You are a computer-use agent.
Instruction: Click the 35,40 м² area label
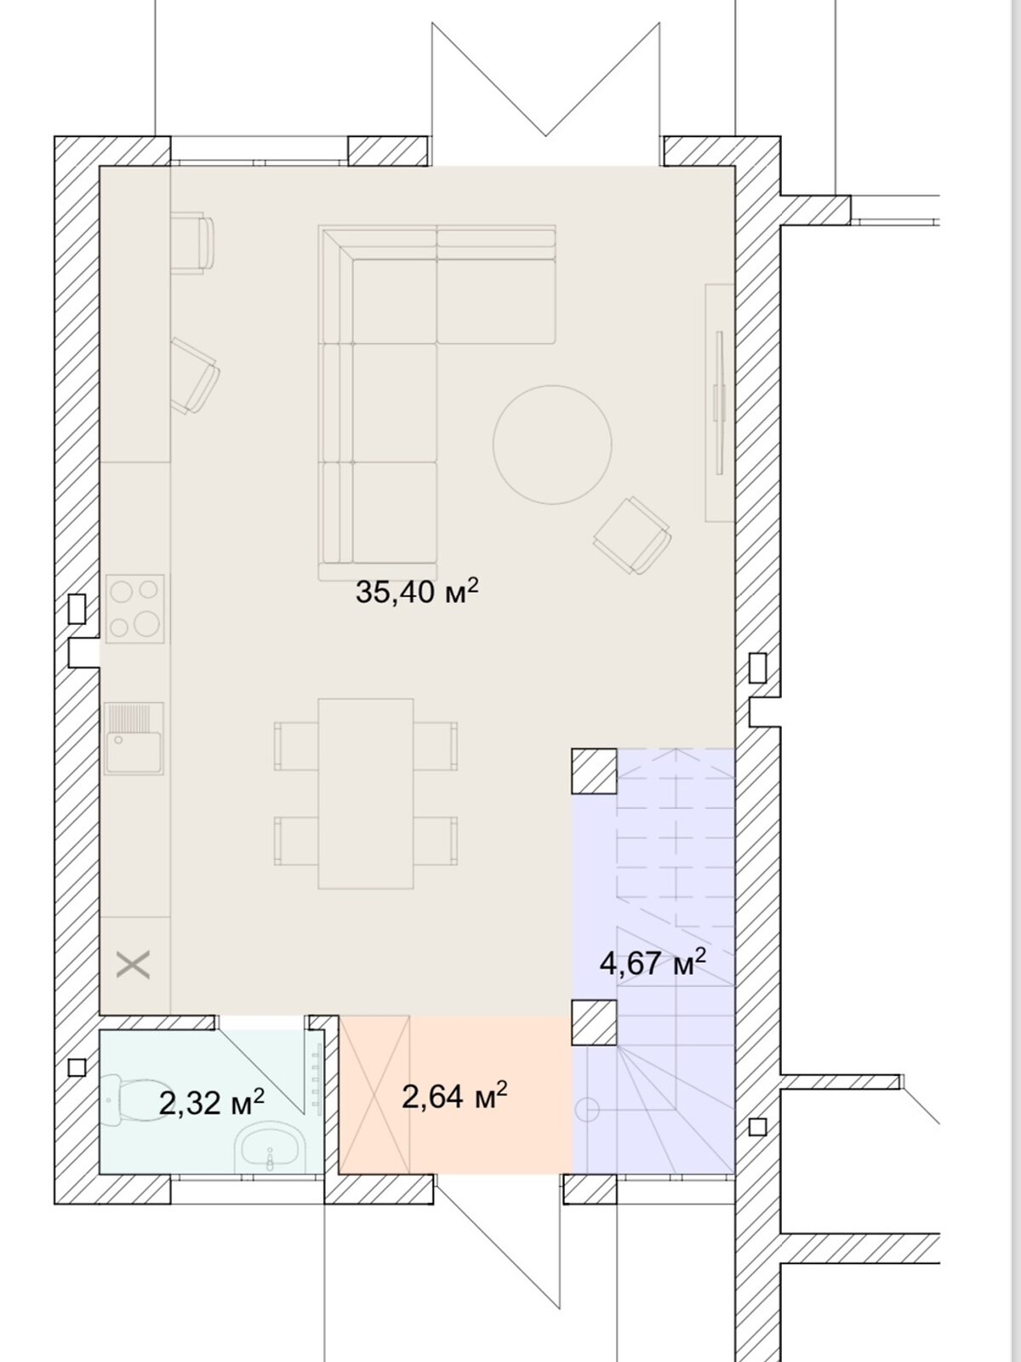[x=417, y=591]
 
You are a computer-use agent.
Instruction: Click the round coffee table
[x=552, y=444]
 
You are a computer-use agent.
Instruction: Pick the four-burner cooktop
[x=135, y=609]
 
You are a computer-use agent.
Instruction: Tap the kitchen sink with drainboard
[x=134, y=738]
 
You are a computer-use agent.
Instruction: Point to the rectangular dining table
[x=366, y=793]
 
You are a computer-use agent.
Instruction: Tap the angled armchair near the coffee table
[x=631, y=535]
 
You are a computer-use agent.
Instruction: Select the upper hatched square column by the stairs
[x=594, y=771]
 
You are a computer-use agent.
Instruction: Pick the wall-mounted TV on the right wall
[x=719, y=403]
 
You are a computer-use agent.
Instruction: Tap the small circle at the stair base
[x=588, y=1109]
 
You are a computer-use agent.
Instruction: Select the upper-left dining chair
[x=296, y=746]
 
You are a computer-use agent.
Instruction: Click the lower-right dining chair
[x=436, y=841]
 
